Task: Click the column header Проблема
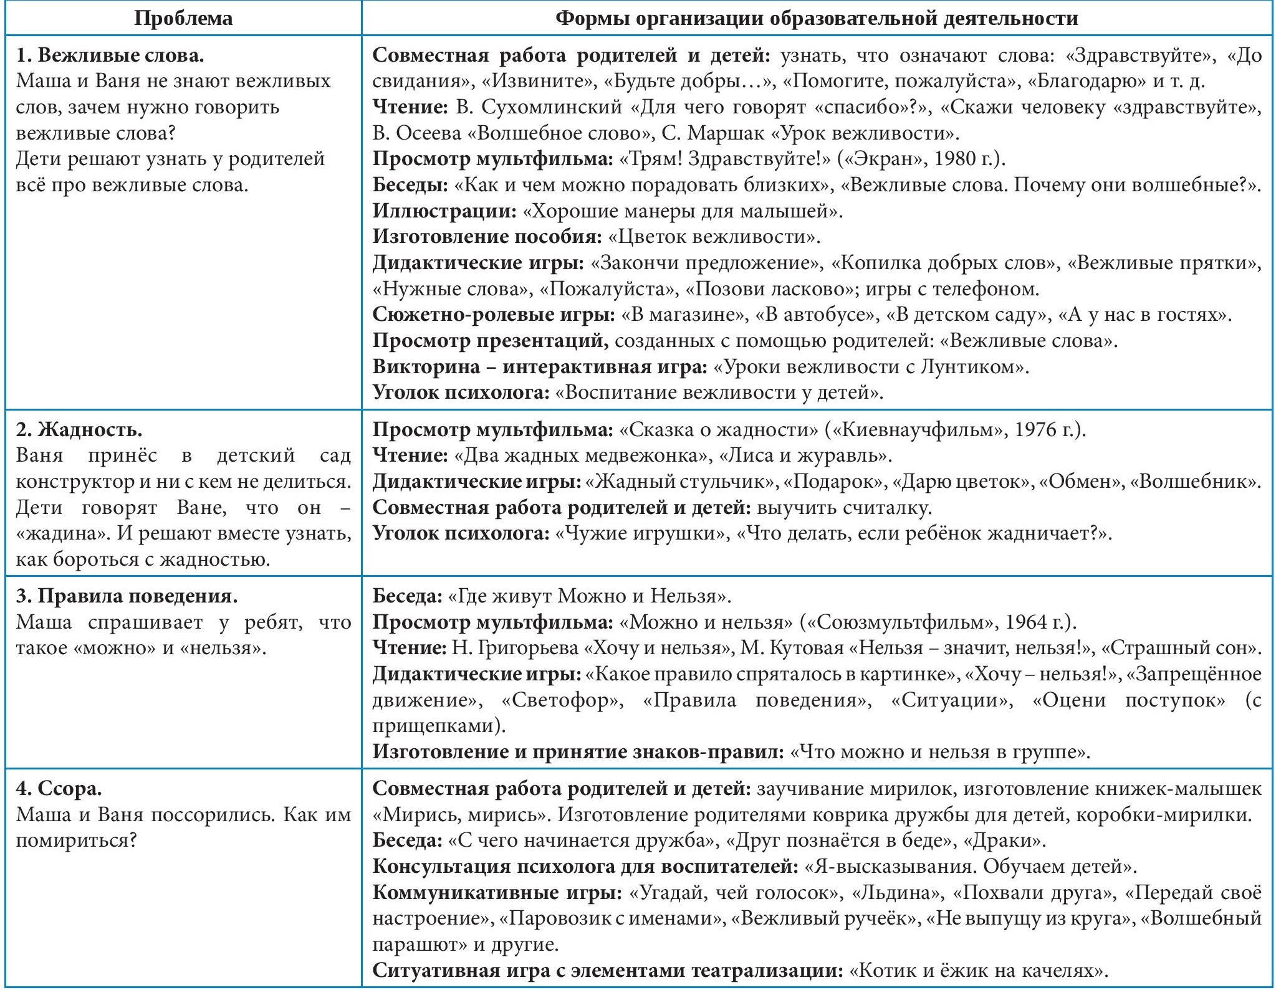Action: pyautogui.click(x=183, y=18)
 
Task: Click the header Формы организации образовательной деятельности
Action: pyautogui.click(x=817, y=18)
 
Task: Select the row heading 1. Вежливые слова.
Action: pyautogui.click(x=110, y=55)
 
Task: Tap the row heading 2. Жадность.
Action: pyautogui.click(x=79, y=429)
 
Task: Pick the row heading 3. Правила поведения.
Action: pyautogui.click(x=127, y=596)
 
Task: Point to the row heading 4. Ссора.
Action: pyautogui.click(x=59, y=788)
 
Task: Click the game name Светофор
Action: pyautogui.click(x=562, y=700)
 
